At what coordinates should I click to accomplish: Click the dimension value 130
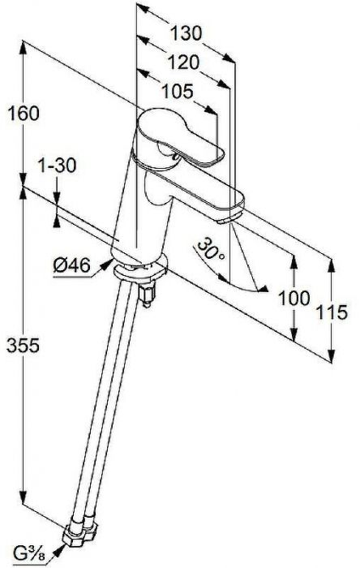[x=186, y=34]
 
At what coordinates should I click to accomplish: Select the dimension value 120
[x=183, y=62]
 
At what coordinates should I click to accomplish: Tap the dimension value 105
[x=178, y=92]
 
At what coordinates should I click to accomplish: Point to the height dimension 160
[x=24, y=114]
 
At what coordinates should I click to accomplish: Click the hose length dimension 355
[x=24, y=346]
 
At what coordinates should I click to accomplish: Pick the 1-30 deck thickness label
[x=58, y=166]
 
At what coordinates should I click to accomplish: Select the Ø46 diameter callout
[x=71, y=265]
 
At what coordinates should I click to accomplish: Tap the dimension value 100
[x=294, y=299]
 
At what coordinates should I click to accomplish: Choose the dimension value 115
[x=332, y=312]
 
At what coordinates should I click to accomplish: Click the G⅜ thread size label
[x=30, y=553]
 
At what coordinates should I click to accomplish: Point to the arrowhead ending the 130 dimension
[x=229, y=58]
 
